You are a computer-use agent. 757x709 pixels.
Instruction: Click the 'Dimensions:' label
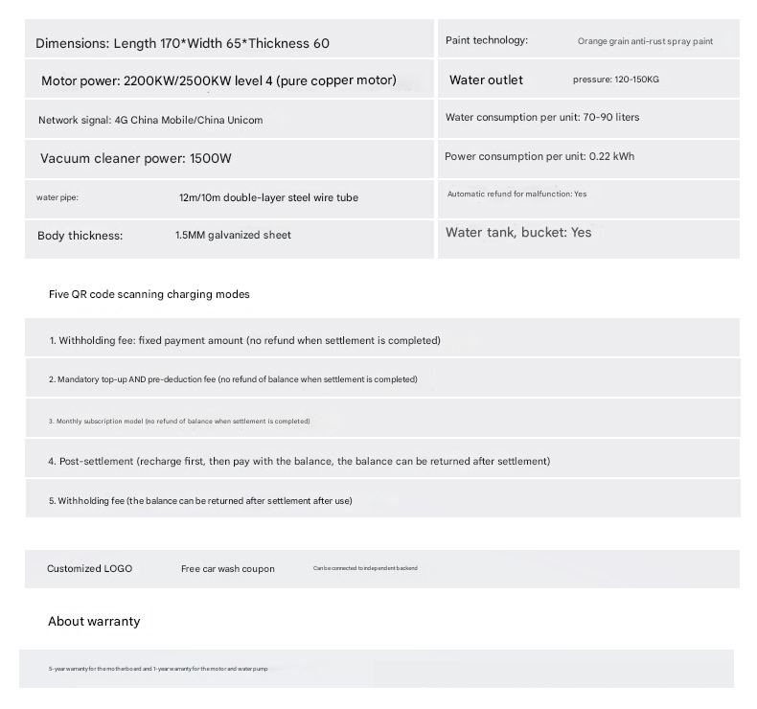coord(72,43)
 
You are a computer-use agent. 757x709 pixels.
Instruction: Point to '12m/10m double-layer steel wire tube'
coord(268,197)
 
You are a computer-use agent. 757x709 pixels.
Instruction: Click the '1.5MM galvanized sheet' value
coord(233,235)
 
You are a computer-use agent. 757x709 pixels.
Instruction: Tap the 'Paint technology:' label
coord(487,40)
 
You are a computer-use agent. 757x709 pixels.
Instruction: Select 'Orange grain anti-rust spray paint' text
coord(645,41)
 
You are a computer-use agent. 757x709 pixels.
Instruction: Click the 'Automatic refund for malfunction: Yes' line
coord(516,194)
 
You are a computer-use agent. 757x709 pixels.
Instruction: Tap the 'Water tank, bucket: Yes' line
coord(518,233)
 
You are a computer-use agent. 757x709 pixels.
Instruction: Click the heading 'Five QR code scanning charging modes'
coord(149,294)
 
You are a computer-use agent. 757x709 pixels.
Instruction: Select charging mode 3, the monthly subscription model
coord(179,422)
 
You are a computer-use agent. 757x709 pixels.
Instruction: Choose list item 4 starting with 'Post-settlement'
coord(299,461)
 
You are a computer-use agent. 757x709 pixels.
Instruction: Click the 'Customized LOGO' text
coord(90,568)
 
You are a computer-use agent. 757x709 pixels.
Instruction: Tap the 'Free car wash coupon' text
coord(227,569)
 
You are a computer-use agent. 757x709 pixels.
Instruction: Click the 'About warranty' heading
coord(94,622)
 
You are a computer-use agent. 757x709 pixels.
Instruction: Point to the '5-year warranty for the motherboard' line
coord(158,669)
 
